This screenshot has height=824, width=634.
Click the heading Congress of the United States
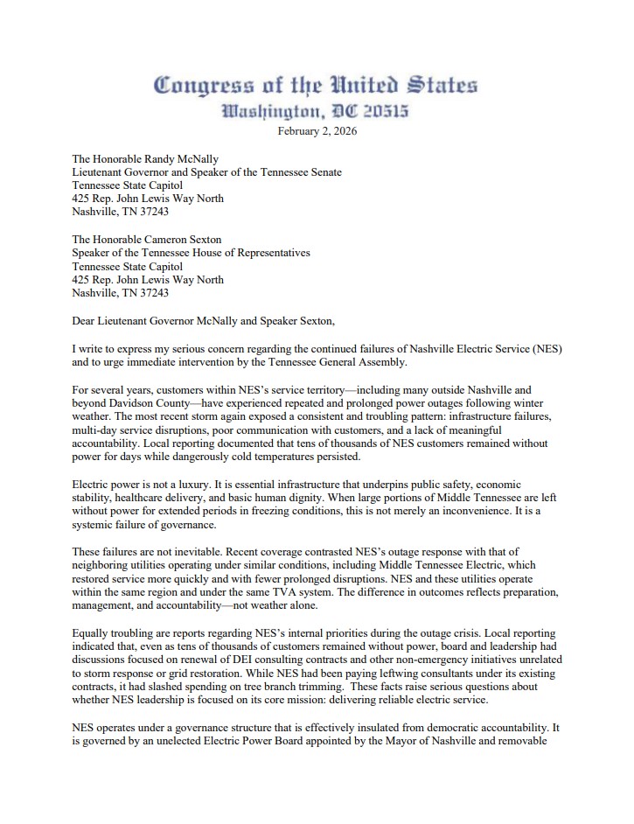click(316, 86)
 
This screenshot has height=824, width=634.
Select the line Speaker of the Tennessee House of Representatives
click(191, 253)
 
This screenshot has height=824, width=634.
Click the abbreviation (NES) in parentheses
click(545, 348)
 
